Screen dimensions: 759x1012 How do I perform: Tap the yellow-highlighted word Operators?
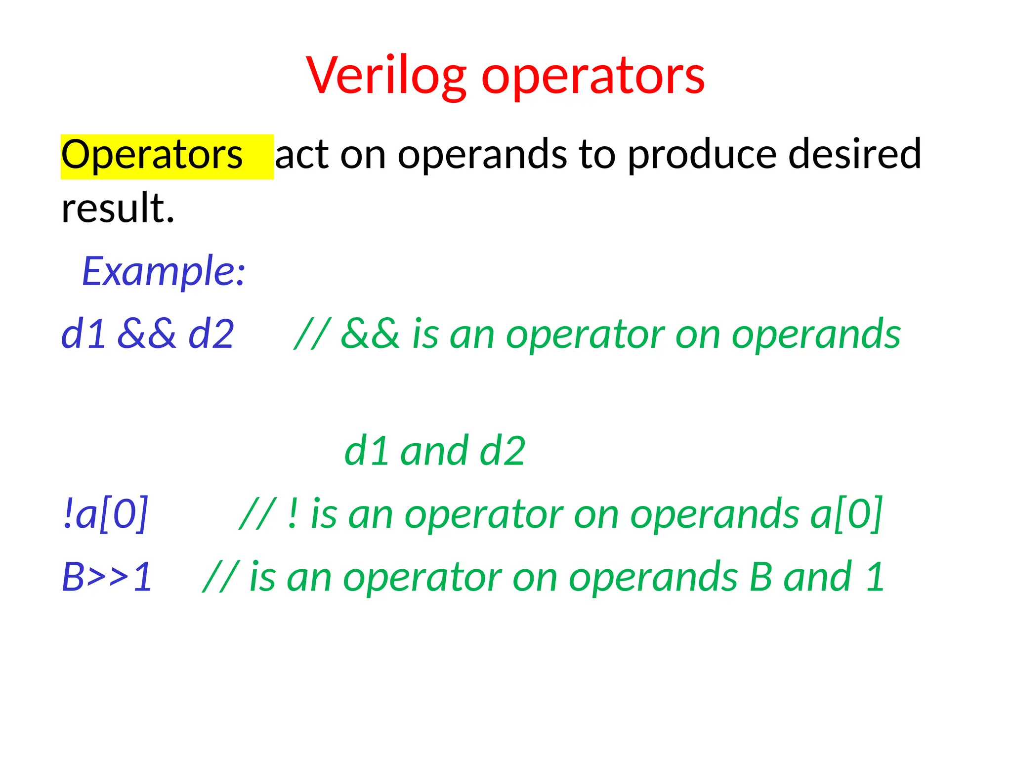click(152, 155)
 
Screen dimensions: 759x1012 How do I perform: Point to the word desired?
click(854, 154)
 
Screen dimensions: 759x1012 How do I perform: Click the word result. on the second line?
click(118, 208)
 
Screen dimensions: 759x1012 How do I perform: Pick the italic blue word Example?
click(164, 271)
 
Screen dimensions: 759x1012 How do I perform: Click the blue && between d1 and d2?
click(146, 334)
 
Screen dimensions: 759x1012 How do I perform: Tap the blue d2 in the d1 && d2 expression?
click(211, 334)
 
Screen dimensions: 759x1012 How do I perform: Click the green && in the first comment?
click(370, 334)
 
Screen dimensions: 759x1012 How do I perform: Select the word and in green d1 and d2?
click(434, 451)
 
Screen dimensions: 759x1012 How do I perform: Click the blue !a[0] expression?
click(105, 514)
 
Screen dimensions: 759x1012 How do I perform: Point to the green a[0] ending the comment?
click(846, 514)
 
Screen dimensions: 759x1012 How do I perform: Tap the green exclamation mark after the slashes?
click(293, 514)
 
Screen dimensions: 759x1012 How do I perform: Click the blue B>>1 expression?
click(107, 577)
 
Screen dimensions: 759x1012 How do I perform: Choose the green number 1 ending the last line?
click(875, 577)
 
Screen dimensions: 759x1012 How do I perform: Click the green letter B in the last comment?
click(760, 577)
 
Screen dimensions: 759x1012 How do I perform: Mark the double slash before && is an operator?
click(312, 334)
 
